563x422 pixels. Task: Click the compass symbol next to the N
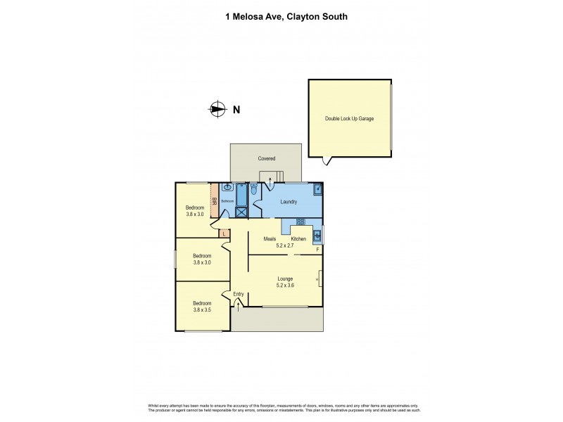point(217,109)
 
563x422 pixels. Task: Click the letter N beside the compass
point(236,109)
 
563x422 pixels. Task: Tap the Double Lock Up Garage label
point(349,119)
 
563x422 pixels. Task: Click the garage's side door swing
point(325,161)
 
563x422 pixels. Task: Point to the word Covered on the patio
point(266,159)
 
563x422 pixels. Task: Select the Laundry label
point(289,202)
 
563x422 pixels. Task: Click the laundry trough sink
point(318,189)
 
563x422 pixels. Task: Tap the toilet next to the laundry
point(253,188)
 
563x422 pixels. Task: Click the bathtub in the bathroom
point(241,193)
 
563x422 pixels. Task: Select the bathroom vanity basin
point(227,188)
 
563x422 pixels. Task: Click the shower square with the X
point(241,210)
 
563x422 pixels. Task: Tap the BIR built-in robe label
point(215,200)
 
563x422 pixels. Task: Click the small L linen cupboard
point(224,234)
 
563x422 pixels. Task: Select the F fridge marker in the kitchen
point(317,250)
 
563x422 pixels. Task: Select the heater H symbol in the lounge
point(318,280)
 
